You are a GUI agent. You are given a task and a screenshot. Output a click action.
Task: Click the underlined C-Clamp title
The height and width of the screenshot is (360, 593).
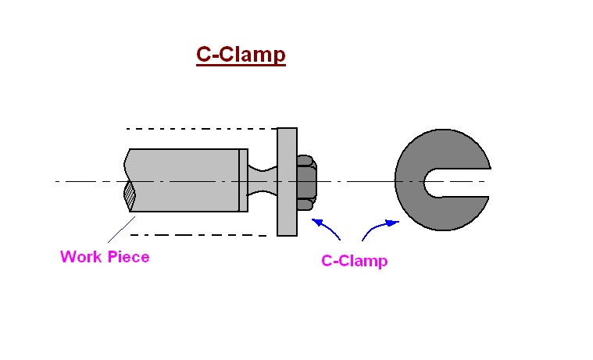coord(241,55)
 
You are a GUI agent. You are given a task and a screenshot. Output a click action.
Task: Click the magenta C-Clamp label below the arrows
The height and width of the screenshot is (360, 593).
coord(354,261)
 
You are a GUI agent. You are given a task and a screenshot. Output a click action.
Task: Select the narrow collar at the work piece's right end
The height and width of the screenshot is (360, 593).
coord(244,180)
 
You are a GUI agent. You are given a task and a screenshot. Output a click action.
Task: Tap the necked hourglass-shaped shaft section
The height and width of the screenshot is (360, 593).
coord(263,181)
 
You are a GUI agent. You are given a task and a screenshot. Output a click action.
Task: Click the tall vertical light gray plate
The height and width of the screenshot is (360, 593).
coord(287,181)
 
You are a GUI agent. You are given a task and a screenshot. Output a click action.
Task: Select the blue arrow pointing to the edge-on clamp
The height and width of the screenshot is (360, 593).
coord(327,227)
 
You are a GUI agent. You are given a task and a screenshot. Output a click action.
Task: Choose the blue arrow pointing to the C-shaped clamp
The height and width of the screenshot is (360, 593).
coord(378,227)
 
